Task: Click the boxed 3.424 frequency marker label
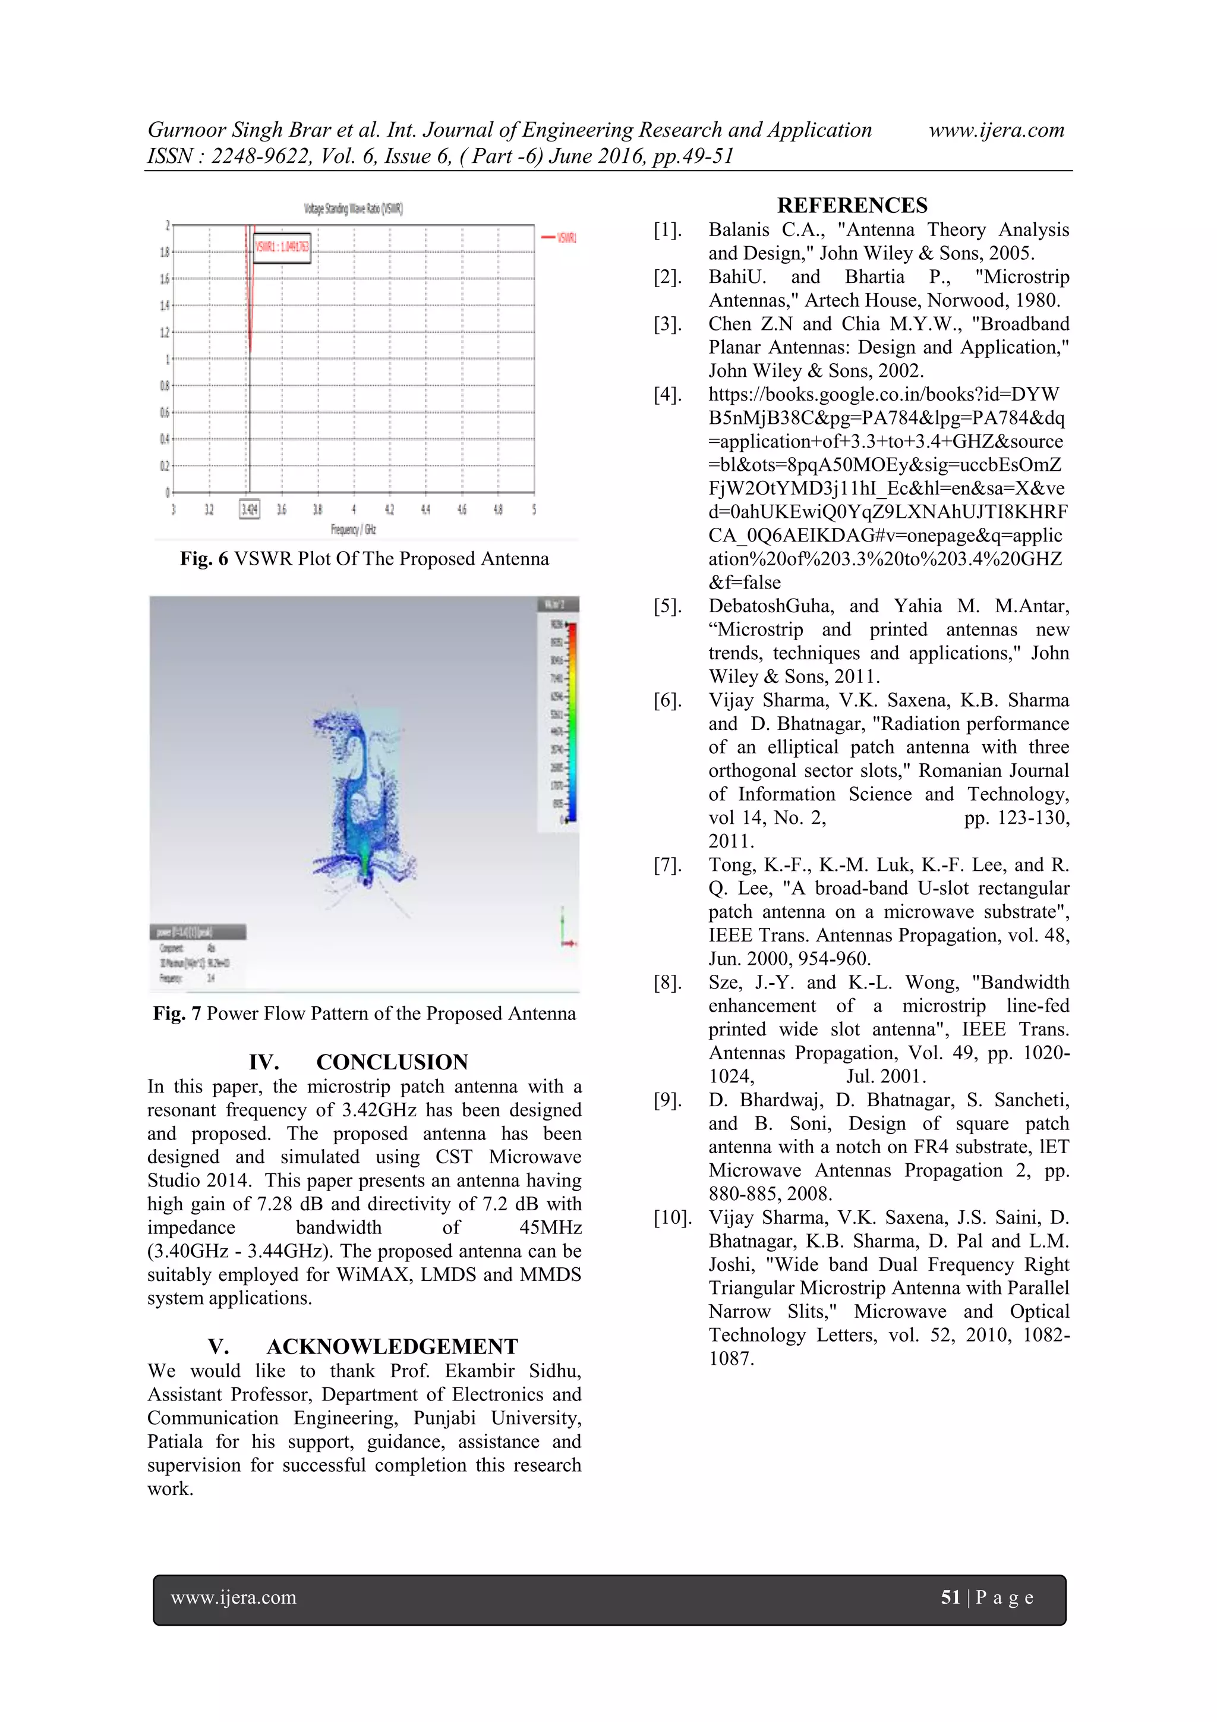249,509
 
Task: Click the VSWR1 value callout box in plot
282,247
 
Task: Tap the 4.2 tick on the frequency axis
389,509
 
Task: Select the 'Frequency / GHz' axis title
353,530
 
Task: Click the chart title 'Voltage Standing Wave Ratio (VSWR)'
353,209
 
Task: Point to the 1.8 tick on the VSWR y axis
164,252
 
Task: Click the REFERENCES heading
852,206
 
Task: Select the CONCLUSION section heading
392,1062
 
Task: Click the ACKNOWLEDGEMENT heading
392,1346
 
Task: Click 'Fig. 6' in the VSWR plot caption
204,559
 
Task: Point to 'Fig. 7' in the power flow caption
177,1014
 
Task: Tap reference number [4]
667,395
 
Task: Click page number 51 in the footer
950,1598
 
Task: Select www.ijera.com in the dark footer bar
233,1598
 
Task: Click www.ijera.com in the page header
996,130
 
